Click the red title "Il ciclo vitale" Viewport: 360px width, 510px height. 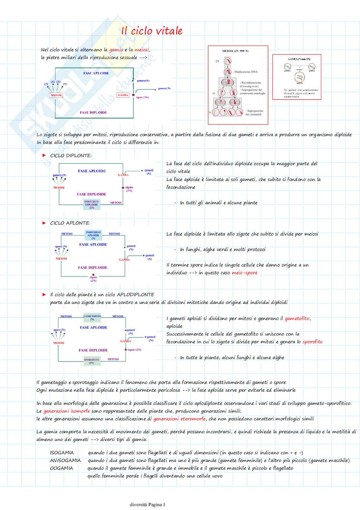click(x=152, y=31)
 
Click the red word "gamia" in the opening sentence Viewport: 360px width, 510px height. click(x=116, y=50)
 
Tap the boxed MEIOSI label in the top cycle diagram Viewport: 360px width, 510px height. click(x=56, y=95)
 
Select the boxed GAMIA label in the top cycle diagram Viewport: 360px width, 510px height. click(x=123, y=95)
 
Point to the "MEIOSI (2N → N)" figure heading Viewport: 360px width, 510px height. click(x=235, y=51)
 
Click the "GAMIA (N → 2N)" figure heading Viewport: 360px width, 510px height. click(x=299, y=59)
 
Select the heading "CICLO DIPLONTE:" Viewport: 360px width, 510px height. click(x=71, y=155)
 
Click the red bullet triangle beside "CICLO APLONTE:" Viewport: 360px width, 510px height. click(x=44, y=223)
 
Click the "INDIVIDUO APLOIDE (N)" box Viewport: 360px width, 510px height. click(x=93, y=235)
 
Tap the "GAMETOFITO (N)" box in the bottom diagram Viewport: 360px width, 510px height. click(x=92, y=317)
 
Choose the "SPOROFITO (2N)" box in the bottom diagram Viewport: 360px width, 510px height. click(x=91, y=361)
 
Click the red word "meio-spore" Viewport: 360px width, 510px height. click(x=245, y=273)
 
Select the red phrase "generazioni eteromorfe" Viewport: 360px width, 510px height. click(x=179, y=419)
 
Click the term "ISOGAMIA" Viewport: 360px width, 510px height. click(x=62, y=453)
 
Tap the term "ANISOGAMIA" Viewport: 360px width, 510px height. click(x=65, y=460)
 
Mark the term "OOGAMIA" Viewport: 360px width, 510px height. click(x=61, y=468)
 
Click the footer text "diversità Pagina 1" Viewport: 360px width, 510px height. click(x=147, y=505)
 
